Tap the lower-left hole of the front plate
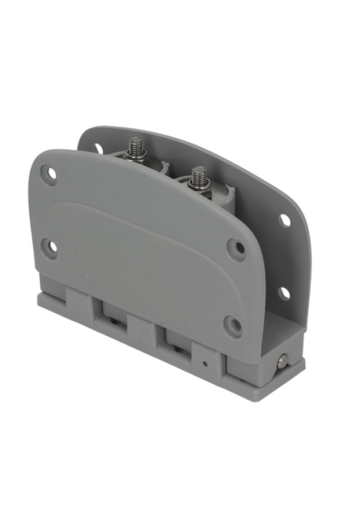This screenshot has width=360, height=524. tap(49, 247)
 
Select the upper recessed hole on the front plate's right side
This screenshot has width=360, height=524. tap(236, 248)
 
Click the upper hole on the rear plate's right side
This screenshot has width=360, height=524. tap(285, 220)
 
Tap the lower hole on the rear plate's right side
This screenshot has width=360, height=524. tap(283, 293)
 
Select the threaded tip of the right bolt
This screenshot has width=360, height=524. tap(198, 175)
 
